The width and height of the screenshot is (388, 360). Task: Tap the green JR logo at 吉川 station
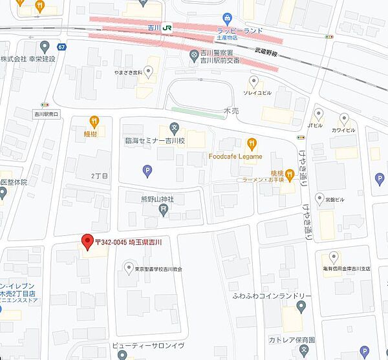[168, 28]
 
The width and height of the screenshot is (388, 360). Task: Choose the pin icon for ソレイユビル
[254, 81]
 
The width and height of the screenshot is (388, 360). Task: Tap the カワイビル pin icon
[344, 119]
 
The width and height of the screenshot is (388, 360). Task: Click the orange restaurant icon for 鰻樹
[94, 120]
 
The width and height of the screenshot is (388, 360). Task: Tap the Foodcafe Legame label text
[235, 156]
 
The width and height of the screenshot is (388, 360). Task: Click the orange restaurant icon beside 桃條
[291, 173]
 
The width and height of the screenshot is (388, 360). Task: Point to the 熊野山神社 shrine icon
[164, 209]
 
